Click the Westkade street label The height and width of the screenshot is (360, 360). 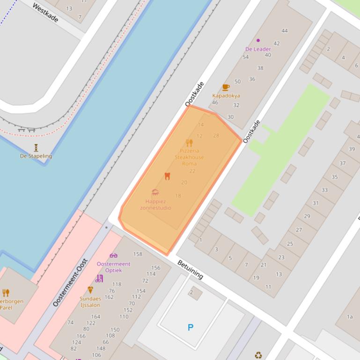click(x=45, y=12)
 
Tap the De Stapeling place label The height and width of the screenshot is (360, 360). click(x=36, y=156)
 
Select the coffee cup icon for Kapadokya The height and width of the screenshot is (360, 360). click(x=226, y=87)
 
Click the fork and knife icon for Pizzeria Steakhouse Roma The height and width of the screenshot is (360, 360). click(x=189, y=143)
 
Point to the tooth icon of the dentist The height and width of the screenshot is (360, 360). click(x=167, y=176)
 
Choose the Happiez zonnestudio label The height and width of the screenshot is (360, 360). click(x=155, y=204)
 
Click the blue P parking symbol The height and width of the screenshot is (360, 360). click(x=191, y=327)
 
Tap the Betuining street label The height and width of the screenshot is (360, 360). click(x=190, y=270)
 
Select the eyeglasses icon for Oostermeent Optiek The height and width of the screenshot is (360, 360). click(x=113, y=255)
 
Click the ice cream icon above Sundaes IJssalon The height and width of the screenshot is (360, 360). click(x=90, y=290)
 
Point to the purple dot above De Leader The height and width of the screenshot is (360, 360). click(x=258, y=41)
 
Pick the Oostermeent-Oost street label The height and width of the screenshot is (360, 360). click(x=70, y=282)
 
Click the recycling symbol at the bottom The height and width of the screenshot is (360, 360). click(x=258, y=355)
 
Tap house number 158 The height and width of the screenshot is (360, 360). click(x=138, y=254)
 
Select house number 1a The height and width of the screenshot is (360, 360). click(x=349, y=317)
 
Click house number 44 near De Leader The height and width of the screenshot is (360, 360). click(x=285, y=31)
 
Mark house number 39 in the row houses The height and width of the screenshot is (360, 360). click(x=352, y=149)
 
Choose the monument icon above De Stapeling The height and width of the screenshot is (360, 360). click(x=36, y=148)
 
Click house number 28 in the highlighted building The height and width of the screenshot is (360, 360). click(x=216, y=136)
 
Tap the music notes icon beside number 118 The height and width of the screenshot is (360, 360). click(x=99, y=279)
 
